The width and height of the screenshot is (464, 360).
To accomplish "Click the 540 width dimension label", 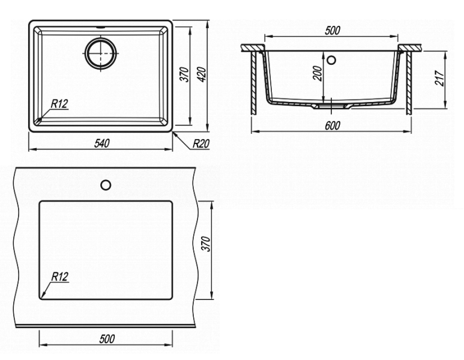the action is (x=102, y=143).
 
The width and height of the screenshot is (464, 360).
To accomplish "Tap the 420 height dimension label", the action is (x=202, y=74).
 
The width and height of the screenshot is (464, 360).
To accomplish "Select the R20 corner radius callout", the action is (x=201, y=144).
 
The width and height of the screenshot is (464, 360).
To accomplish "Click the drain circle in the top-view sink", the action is (x=101, y=53).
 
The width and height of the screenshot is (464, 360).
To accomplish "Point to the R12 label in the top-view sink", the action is (x=59, y=104).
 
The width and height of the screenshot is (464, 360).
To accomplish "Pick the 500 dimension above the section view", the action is (x=333, y=31).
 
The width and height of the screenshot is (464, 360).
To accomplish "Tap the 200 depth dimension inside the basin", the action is (x=318, y=73).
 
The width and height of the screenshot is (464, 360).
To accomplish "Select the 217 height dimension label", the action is (x=439, y=78).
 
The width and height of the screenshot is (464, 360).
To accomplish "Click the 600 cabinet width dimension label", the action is (x=333, y=125).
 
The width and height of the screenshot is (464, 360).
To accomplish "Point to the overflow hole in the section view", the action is (x=331, y=60).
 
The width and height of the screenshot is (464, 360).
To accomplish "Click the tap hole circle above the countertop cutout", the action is (x=106, y=185).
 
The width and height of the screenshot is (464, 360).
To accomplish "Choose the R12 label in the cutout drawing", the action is (x=60, y=277).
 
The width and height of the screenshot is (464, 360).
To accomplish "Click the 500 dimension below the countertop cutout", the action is (x=107, y=339).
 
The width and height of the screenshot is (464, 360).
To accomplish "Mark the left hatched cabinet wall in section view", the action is (x=254, y=83).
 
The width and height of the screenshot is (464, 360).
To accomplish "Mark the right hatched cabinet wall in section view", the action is (x=409, y=83).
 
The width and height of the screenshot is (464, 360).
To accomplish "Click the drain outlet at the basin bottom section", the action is (x=331, y=106).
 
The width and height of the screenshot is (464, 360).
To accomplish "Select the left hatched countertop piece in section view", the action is (x=253, y=47).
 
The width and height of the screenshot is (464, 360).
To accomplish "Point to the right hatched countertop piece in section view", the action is (x=410, y=47).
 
